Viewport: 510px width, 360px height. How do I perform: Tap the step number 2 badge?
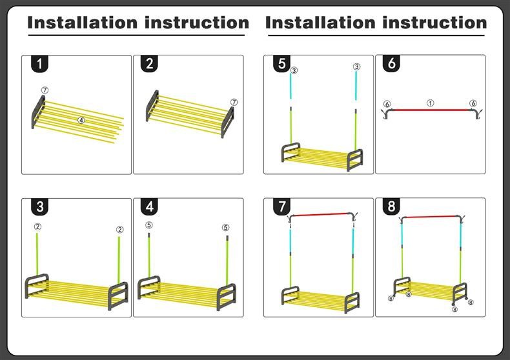coord(150,64)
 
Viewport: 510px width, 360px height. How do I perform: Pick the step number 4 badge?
coord(150,207)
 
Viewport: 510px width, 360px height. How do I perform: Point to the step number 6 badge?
coord(392,64)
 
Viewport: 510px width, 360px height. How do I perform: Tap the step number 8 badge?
coord(392,207)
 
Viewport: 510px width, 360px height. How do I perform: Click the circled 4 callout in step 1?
coord(81,120)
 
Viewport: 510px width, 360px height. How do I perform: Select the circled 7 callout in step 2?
coord(234,102)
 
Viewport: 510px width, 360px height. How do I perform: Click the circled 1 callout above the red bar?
coord(430,103)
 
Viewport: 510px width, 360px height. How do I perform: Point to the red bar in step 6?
coord(430,110)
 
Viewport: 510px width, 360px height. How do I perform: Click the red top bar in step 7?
coord(320,214)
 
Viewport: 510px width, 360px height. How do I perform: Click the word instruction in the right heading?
coord(432,23)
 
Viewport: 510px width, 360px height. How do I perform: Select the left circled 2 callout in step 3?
coord(37,226)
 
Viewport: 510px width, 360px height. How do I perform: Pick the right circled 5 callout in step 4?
coord(225,227)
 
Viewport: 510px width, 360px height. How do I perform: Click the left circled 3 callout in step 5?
coord(294,70)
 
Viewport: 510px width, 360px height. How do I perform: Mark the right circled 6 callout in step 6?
coord(473,103)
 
